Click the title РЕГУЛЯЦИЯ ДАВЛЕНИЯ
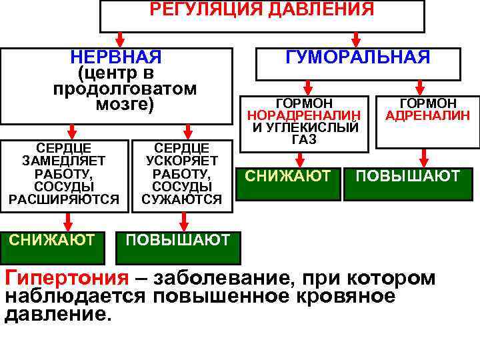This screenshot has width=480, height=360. click(261, 9)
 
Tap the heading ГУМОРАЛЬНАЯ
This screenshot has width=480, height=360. click(358, 57)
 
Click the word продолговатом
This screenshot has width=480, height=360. click(125, 89)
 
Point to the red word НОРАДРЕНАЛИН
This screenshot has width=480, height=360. click(304, 115)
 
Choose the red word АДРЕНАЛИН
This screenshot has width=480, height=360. click(428, 115)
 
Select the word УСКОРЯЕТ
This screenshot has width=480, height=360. click(181, 161)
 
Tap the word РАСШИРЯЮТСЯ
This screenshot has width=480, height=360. click(63, 199)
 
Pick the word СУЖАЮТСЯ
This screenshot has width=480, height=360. click(181, 199)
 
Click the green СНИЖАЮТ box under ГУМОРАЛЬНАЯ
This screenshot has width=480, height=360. click(288, 177)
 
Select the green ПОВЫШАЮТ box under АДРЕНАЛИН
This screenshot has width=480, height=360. click(408, 177)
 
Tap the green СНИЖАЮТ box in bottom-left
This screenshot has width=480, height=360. click(51, 240)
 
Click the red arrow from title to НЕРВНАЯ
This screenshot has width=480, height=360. click(119, 38)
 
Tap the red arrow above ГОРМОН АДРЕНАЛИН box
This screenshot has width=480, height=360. click(421, 87)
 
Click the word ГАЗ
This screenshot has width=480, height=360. click(304, 139)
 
